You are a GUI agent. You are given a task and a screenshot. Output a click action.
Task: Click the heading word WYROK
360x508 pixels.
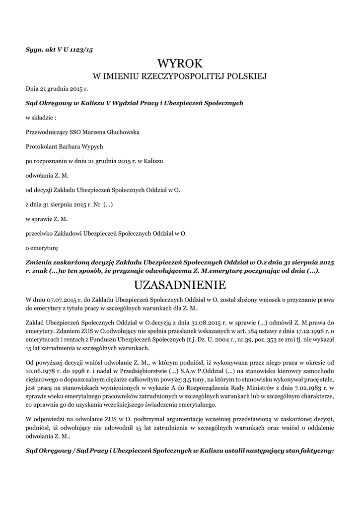click(x=180, y=63)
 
